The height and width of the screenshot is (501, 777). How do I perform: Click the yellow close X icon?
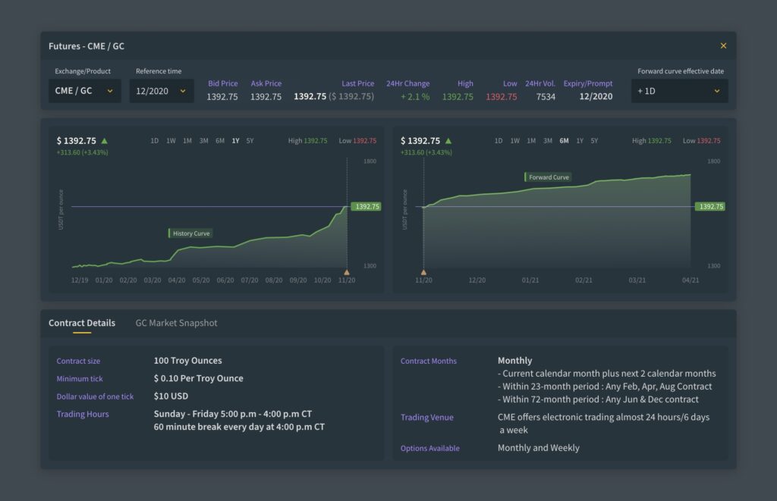723,46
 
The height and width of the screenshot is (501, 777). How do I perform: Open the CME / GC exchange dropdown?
84,91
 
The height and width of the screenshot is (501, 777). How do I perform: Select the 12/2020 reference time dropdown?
161,91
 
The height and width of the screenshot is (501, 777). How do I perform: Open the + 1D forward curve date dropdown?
679,91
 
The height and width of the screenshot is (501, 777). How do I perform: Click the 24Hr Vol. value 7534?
545,97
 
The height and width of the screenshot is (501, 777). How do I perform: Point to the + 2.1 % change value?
415,97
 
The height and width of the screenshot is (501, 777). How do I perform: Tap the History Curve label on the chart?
190,233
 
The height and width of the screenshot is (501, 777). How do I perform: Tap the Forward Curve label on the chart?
548,177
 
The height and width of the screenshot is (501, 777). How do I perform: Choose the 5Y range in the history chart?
250,141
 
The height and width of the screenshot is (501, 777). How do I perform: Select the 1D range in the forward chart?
499,141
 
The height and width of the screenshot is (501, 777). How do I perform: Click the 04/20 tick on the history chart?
177,280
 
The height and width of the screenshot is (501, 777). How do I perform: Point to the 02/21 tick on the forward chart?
584,280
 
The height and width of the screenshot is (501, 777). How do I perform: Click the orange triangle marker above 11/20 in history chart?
347,271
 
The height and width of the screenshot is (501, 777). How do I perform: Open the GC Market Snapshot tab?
176,323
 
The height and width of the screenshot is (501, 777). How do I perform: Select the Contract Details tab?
82,323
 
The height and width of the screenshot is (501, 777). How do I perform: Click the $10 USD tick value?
171,396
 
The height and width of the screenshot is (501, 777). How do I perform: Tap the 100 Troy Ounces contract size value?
187,361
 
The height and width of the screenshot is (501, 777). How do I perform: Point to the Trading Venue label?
426,418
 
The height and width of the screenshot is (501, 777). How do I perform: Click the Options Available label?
429,449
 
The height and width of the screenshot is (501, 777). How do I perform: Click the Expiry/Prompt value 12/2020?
596,97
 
